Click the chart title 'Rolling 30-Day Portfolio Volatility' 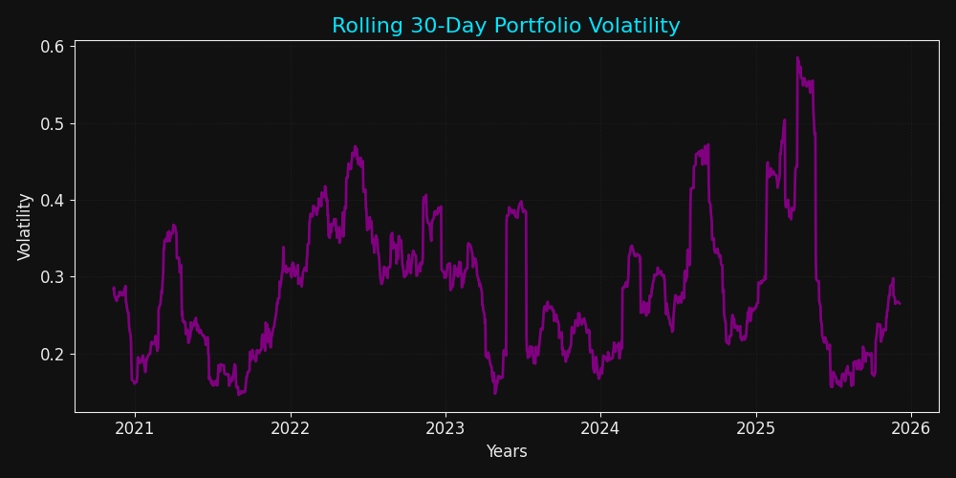[506, 26]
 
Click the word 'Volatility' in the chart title [636, 26]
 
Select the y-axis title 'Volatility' [26, 227]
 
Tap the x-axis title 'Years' [506, 451]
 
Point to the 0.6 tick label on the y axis [52, 47]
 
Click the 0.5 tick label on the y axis [52, 123]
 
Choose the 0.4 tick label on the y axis [52, 201]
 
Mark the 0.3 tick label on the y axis [52, 277]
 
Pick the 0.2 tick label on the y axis [52, 354]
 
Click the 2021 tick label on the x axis [135, 428]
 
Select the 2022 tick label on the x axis [290, 428]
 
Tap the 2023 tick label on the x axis [445, 428]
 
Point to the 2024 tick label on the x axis [599, 428]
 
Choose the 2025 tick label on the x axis [755, 428]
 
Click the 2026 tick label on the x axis [910, 428]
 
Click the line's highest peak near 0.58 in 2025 [797, 57]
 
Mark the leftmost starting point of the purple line [114, 288]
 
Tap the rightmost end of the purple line [899, 304]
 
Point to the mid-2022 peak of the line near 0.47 [355, 147]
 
